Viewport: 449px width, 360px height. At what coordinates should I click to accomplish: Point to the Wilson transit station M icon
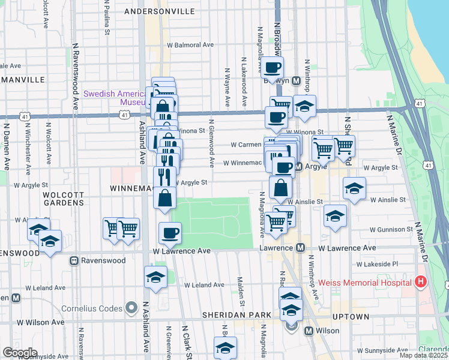[309, 331]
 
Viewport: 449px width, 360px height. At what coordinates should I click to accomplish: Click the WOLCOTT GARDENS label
[63, 199]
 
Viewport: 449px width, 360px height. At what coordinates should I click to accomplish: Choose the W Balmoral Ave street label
[190, 44]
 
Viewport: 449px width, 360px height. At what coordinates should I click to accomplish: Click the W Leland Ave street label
[204, 285]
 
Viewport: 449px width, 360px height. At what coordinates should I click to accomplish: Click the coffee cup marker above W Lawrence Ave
[170, 233]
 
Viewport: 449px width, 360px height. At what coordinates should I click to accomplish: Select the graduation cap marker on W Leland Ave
[155, 278]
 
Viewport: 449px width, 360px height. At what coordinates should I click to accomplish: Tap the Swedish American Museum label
[114, 98]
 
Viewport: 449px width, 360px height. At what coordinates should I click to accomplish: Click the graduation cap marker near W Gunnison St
[335, 216]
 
